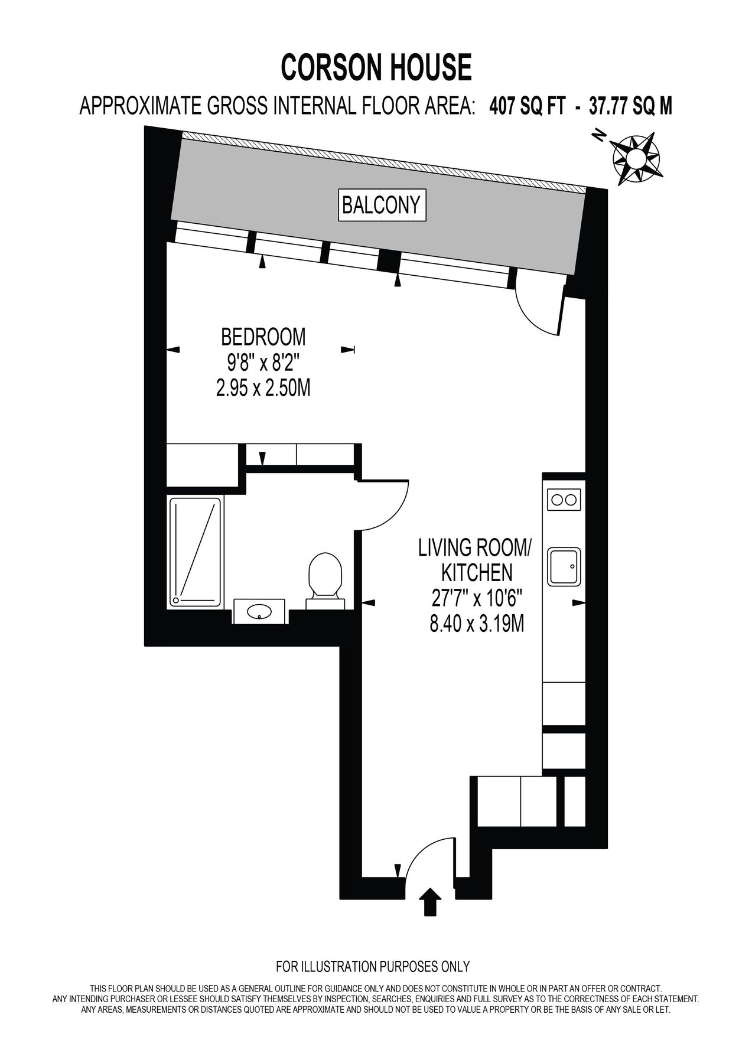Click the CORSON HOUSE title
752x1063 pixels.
[376, 67]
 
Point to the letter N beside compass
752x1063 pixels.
[600, 135]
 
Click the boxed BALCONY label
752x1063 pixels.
[382, 205]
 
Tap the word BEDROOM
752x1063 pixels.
[263, 337]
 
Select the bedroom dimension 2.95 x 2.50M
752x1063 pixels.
[263, 389]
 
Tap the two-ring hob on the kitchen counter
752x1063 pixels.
[564, 500]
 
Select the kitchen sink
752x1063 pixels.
[564, 566]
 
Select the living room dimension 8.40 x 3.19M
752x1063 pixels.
[476, 624]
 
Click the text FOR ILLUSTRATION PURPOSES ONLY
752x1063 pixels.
[373, 967]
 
